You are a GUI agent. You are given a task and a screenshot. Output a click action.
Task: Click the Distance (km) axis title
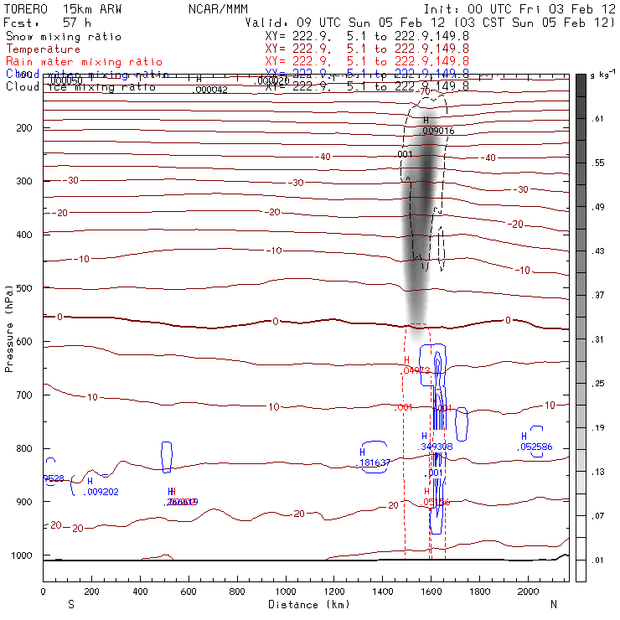[x=305, y=604]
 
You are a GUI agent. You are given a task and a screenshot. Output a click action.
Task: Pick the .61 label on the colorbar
[x=598, y=120]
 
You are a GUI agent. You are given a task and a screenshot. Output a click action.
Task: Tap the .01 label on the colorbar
[x=598, y=559]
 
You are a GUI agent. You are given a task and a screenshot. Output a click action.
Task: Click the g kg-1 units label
[x=602, y=76]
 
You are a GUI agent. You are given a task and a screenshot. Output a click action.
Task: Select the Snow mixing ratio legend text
[x=64, y=38]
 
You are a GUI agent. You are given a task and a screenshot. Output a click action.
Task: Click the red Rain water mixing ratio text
[x=74, y=62]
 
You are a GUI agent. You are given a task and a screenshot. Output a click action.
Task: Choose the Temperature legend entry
[x=43, y=49]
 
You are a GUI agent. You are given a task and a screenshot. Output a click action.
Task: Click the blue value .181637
[x=375, y=462]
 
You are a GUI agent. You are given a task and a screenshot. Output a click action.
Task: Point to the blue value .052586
[x=535, y=447]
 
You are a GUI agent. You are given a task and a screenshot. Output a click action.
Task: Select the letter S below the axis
[x=70, y=604]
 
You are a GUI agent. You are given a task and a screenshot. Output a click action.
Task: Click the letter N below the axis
[x=553, y=604]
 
